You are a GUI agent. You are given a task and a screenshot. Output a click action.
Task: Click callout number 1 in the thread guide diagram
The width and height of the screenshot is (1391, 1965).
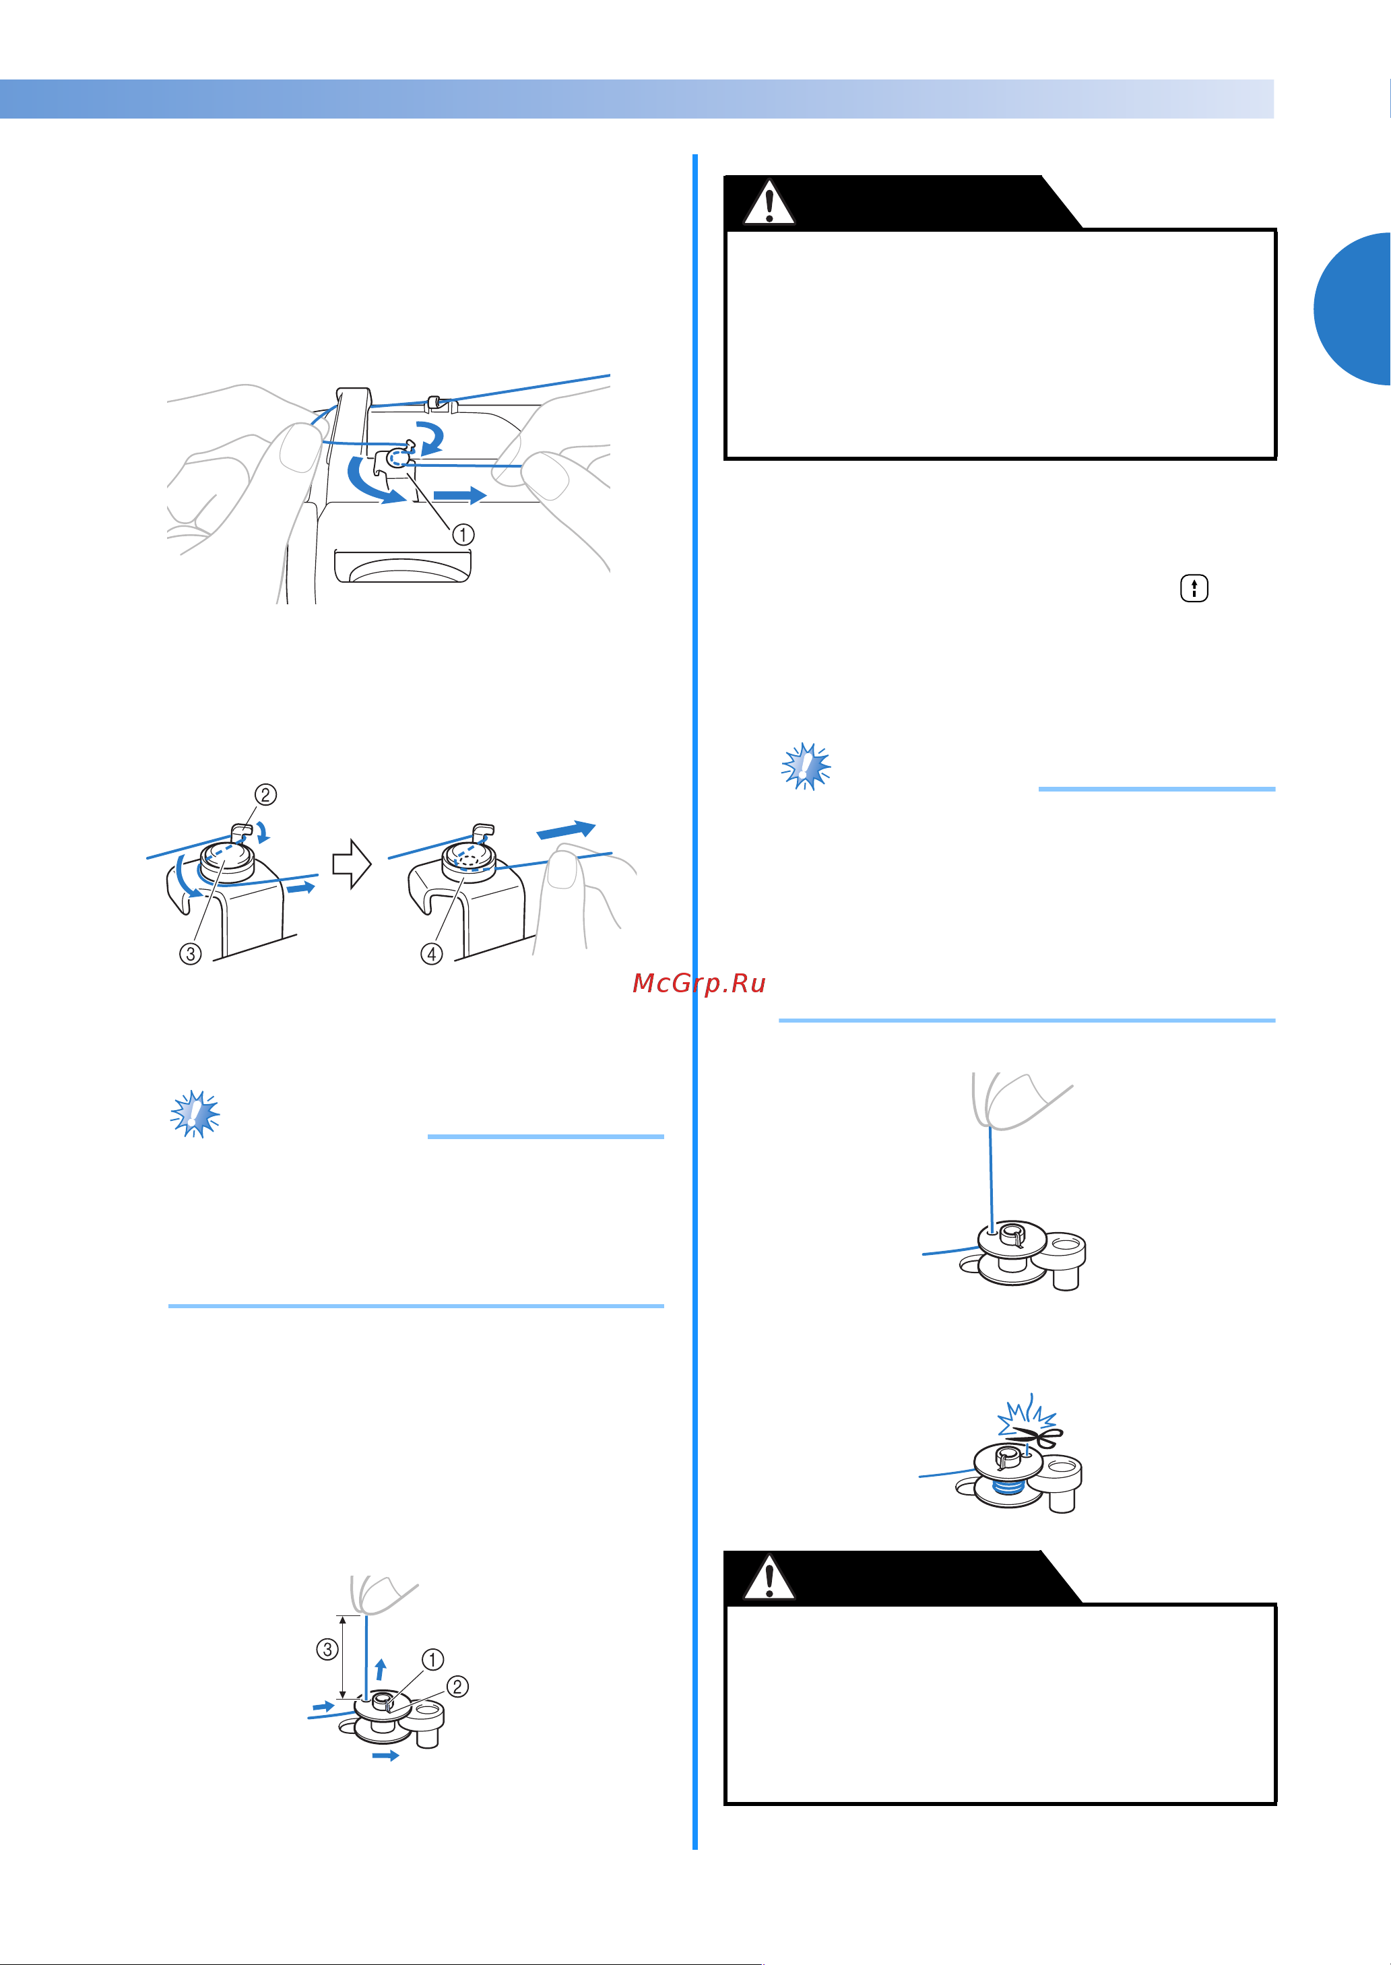tap(463, 534)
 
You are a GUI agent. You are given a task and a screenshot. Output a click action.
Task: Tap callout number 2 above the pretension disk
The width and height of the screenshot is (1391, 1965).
tap(265, 795)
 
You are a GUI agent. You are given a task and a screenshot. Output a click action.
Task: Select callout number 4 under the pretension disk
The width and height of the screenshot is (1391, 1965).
tap(432, 953)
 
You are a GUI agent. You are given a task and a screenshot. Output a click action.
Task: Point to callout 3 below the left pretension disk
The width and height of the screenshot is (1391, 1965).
tap(190, 953)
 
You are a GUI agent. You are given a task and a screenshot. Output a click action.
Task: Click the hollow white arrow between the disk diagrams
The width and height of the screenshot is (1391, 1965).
tap(351, 864)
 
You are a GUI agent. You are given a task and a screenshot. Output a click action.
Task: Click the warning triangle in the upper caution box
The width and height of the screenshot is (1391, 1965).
tap(769, 203)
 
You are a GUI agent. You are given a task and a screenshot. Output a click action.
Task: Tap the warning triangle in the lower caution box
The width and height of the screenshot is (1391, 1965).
tap(769, 1578)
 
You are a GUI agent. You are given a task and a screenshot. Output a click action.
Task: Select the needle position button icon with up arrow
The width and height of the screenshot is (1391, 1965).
tap(1194, 589)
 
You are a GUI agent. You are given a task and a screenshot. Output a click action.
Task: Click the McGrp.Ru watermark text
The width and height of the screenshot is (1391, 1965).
tap(699, 984)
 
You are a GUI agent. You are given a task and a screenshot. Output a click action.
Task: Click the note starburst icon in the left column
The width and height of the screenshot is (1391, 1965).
tap(195, 1114)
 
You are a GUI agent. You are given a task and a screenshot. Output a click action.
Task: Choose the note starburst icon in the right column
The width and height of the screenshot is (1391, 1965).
tap(806, 766)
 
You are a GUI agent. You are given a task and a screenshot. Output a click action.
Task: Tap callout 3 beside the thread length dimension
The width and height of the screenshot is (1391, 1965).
tap(327, 1649)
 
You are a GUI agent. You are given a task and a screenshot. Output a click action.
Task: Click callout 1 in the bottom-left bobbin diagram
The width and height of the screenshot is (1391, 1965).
tap(432, 1660)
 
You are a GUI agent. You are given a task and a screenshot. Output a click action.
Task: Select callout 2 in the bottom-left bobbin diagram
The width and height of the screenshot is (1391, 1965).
tap(457, 1687)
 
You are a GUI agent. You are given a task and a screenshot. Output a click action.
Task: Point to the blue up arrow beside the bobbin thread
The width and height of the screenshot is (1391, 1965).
tap(381, 1669)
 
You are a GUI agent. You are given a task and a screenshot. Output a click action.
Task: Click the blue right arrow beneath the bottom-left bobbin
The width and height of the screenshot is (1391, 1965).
tap(386, 1756)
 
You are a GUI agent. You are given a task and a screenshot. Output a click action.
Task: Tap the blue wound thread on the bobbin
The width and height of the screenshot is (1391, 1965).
tap(1008, 1489)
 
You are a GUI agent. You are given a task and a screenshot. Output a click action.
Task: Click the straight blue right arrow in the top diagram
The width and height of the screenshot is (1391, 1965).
tap(460, 495)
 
